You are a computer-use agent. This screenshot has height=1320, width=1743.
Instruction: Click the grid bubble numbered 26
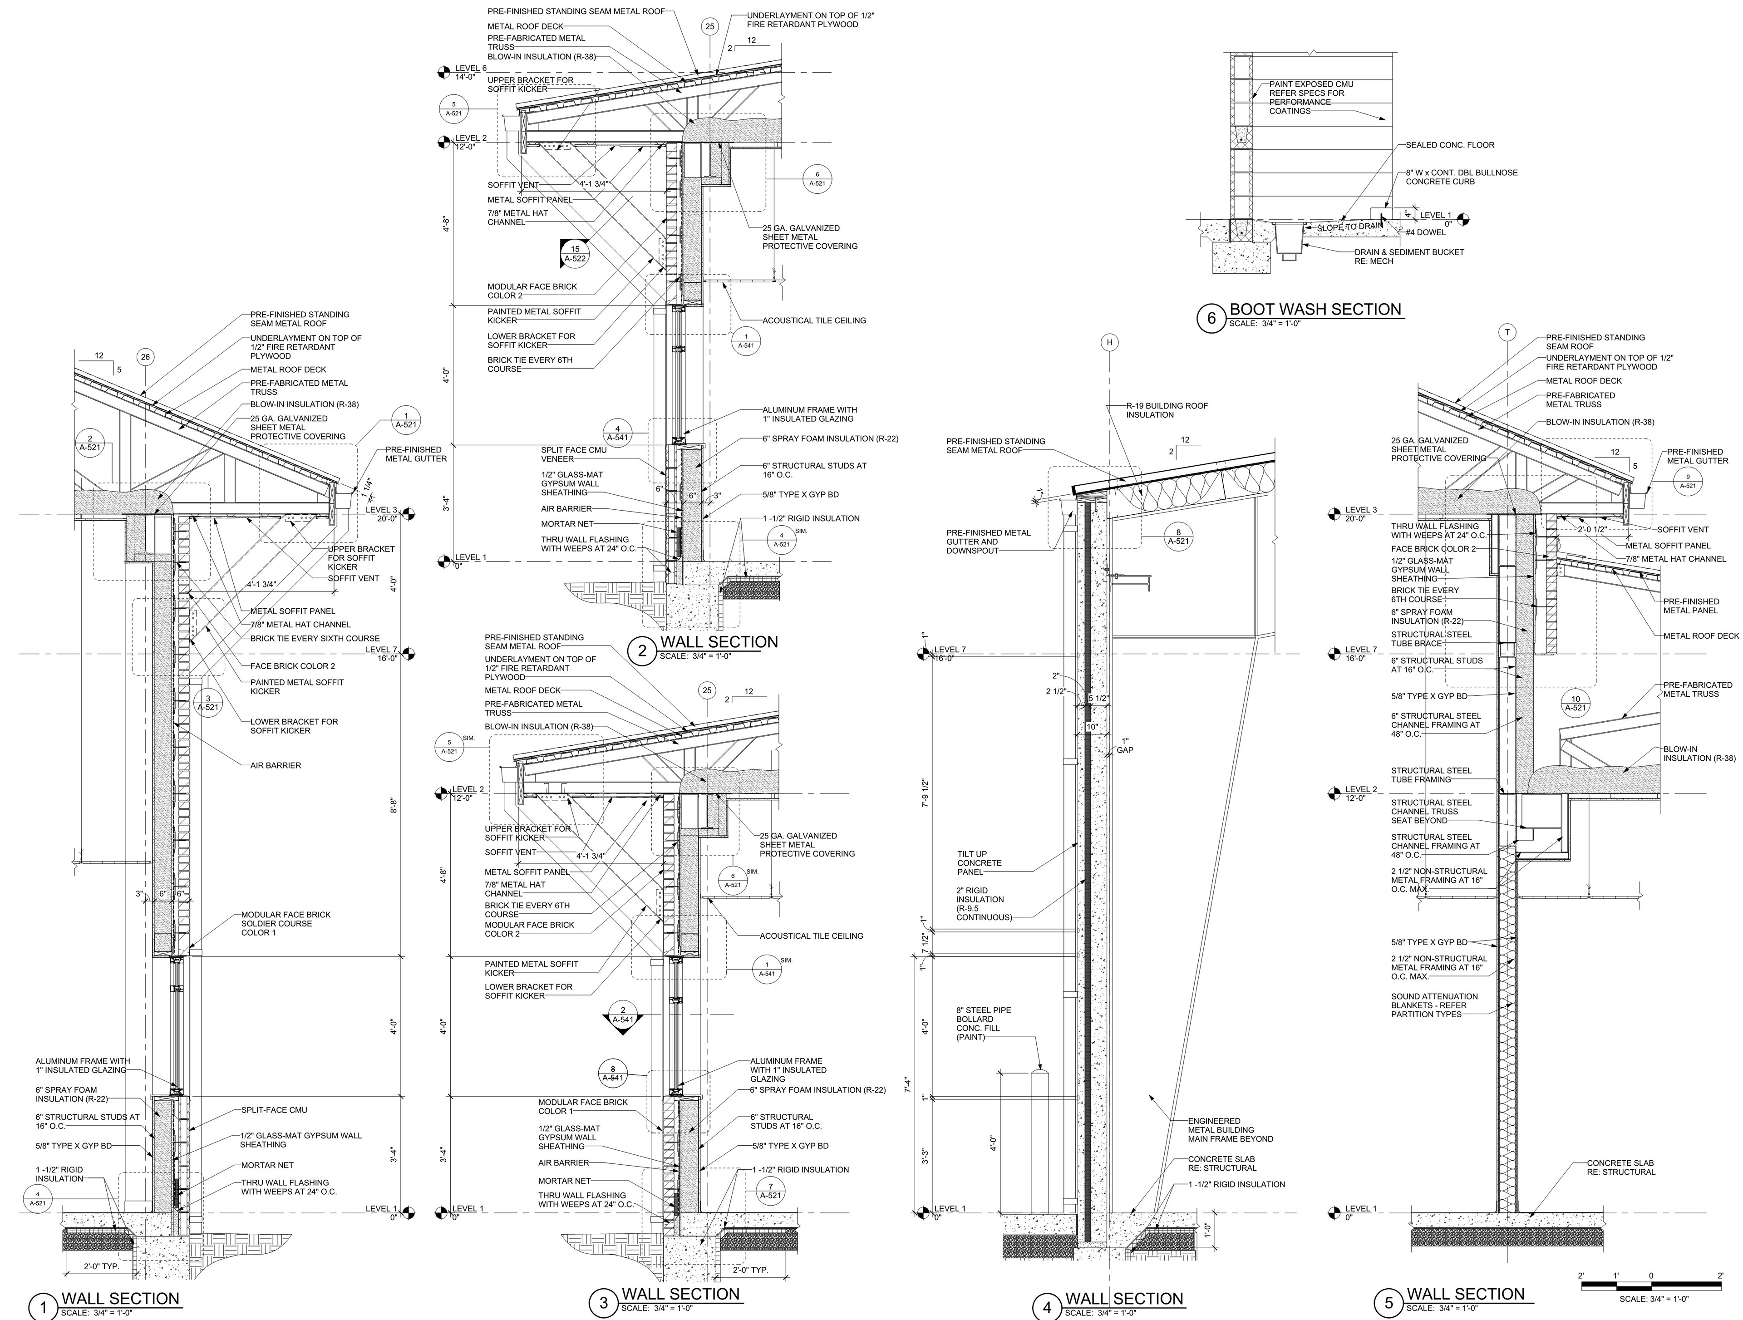point(145,357)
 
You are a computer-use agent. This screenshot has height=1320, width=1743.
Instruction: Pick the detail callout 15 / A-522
point(575,253)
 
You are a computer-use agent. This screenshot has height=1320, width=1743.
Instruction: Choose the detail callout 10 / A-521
point(1575,703)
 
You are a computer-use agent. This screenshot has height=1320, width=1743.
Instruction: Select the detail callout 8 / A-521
point(1178,536)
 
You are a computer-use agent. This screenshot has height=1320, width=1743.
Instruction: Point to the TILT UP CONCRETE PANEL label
point(980,863)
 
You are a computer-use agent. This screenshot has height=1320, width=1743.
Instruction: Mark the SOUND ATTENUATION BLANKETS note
point(1434,1005)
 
